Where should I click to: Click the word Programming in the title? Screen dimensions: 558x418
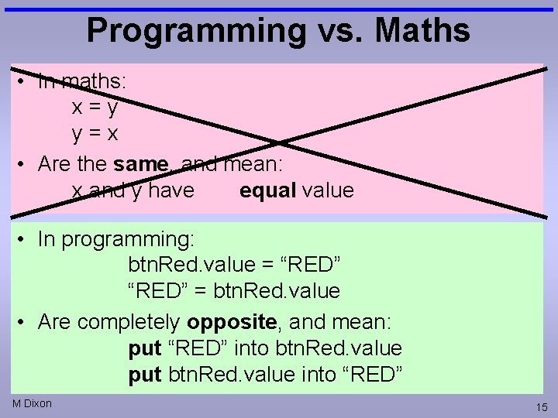point(196,31)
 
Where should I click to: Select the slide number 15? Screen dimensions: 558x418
point(540,407)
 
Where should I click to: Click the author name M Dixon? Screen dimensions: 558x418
point(32,403)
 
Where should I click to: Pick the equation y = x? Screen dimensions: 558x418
point(95,133)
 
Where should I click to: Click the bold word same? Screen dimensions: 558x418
point(141,164)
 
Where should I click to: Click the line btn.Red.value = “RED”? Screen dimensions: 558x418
point(234,265)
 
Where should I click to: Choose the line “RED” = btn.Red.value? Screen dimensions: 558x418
point(234,292)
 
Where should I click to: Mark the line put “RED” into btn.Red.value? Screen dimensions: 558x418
point(265,348)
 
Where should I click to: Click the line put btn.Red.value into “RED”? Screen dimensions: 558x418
point(265,375)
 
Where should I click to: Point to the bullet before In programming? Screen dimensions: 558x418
point(23,240)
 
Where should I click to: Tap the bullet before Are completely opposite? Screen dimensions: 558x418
point(23,321)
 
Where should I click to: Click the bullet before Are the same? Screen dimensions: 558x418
point(23,164)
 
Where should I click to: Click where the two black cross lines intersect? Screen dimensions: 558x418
point(279,142)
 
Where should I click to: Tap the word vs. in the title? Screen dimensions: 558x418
point(339,31)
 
